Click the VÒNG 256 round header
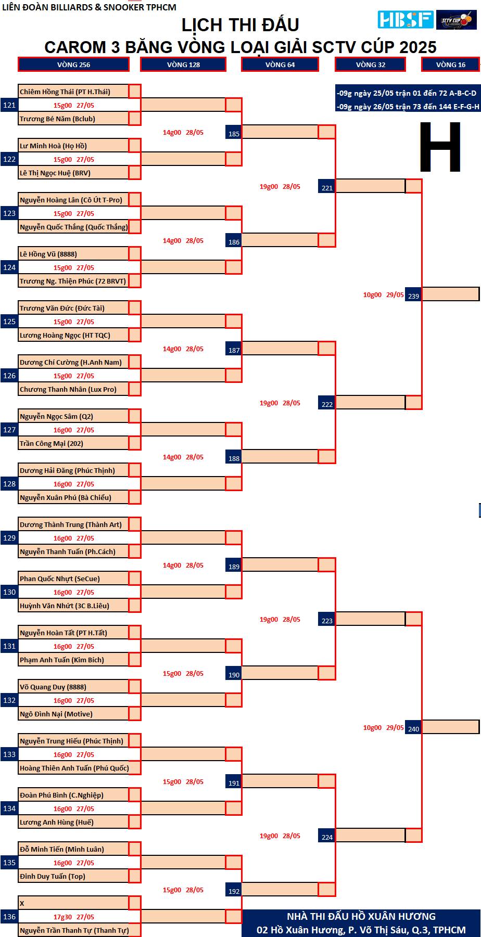coord(73,65)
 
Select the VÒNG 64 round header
coord(280,65)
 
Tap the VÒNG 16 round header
coord(451,65)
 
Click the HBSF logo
coord(406,20)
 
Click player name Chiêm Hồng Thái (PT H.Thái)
coord(65,92)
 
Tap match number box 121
coord(9,105)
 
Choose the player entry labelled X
coord(22,903)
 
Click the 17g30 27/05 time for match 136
coord(74,917)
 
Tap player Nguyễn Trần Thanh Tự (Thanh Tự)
coord(74,930)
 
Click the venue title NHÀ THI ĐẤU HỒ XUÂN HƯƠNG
coord(361,916)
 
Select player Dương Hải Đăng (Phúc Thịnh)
coord(67,470)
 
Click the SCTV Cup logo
coord(456,20)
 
